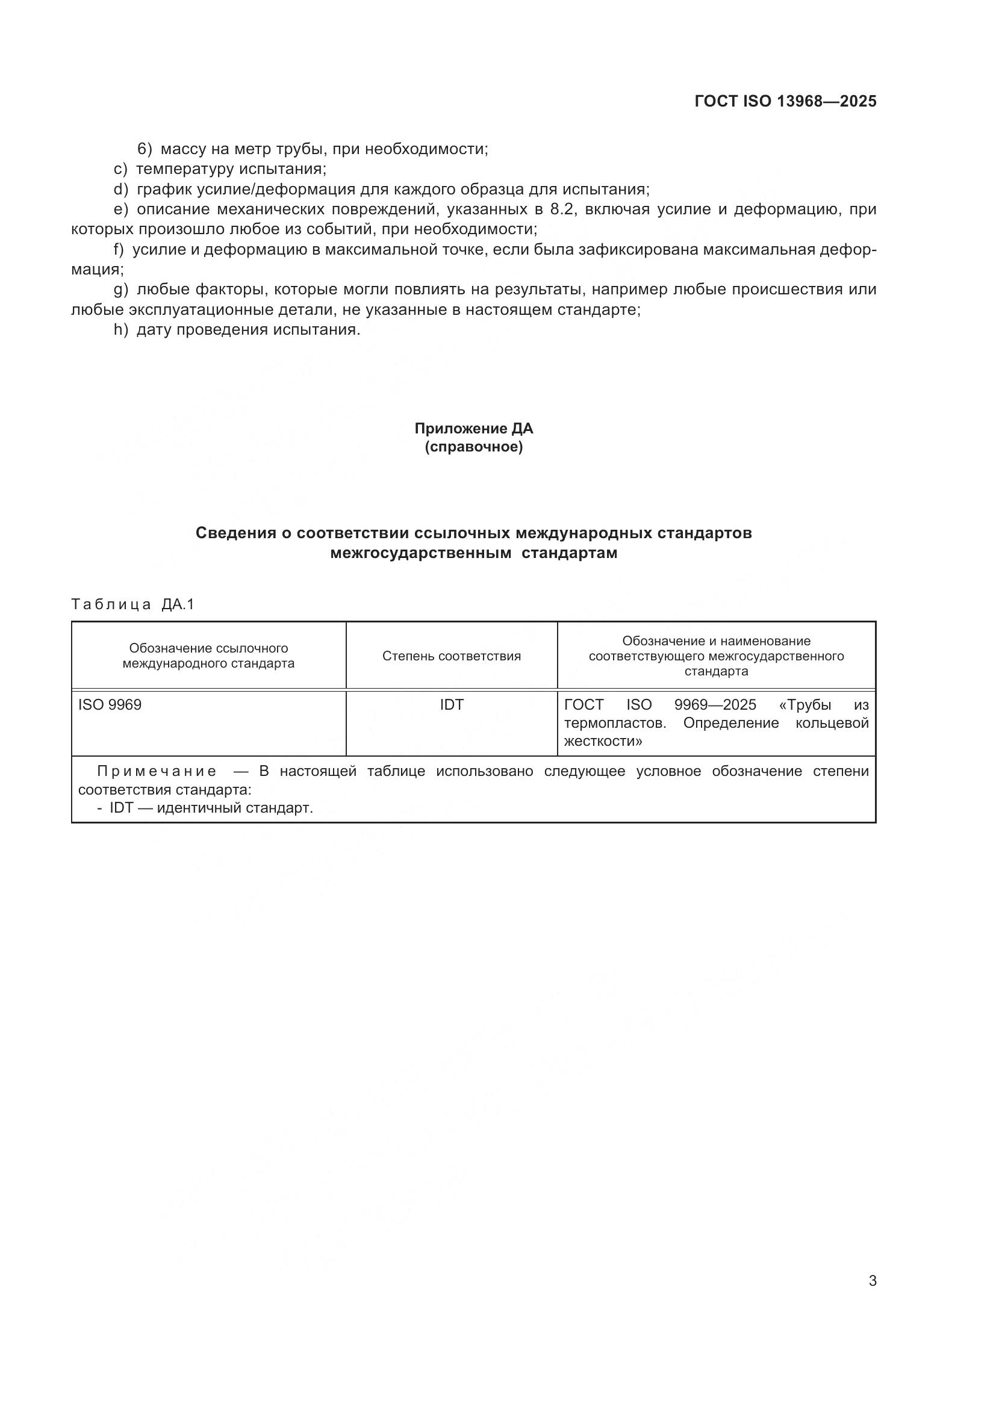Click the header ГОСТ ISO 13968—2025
785,101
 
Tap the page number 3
872,1281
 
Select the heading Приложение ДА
473,429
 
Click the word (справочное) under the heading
473,447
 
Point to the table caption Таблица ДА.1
132,604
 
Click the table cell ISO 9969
110,705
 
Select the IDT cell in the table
452,705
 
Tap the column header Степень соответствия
452,656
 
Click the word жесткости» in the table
603,741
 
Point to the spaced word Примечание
157,772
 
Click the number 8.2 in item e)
564,209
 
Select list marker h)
121,330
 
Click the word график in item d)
160,189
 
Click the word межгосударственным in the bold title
421,553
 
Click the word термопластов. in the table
615,723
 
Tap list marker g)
121,290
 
